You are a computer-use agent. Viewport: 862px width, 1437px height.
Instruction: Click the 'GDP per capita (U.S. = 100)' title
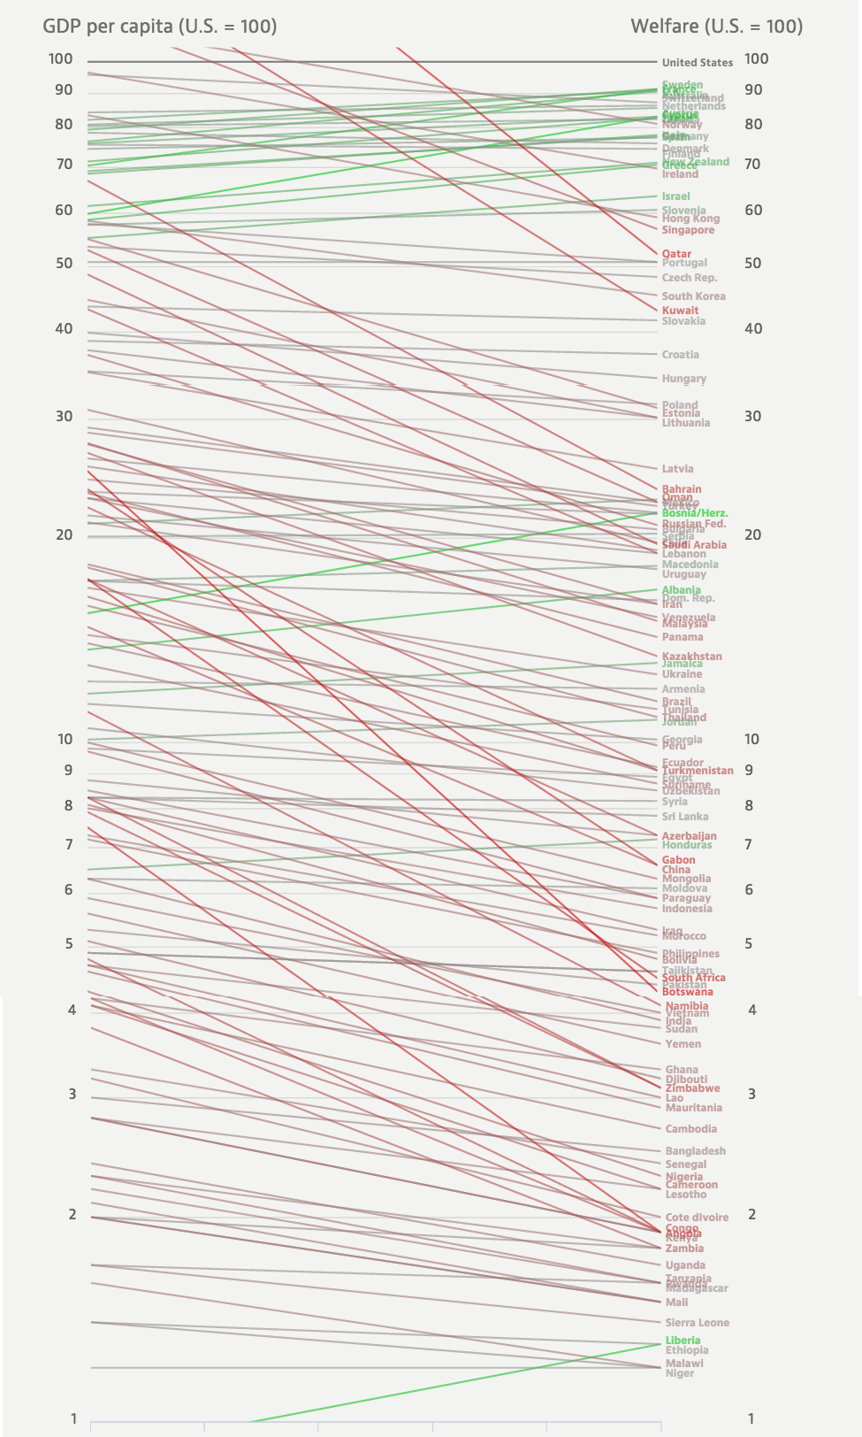point(160,27)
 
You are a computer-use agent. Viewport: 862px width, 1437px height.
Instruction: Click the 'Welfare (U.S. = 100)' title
point(716,27)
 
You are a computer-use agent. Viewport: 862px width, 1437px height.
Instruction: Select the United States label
point(697,63)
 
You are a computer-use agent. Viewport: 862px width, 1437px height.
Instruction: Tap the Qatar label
point(676,254)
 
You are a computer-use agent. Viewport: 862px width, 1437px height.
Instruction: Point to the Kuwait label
point(680,311)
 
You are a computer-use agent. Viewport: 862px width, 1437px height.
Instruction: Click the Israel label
point(675,196)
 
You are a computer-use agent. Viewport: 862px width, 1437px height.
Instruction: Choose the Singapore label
point(688,230)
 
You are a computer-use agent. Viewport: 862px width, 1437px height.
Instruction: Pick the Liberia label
point(683,1341)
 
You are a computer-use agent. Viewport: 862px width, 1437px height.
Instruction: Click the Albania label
point(681,590)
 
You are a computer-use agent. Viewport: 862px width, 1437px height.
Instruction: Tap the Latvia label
point(677,469)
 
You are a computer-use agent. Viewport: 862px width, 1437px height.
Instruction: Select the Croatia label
point(680,355)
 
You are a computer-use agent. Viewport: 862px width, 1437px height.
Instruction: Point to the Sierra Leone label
point(697,1323)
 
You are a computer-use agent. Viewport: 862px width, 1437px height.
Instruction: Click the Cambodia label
point(690,1129)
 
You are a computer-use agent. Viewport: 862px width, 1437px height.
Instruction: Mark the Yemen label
point(683,1044)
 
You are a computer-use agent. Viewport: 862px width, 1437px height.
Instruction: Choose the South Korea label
point(693,296)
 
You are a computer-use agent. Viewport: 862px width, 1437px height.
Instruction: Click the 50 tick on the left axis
point(63,263)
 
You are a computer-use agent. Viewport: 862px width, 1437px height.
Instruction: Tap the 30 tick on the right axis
point(751,416)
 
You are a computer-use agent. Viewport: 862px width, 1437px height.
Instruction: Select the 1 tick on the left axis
point(73,1418)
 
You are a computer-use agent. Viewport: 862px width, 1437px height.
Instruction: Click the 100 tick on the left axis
point(60,59)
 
